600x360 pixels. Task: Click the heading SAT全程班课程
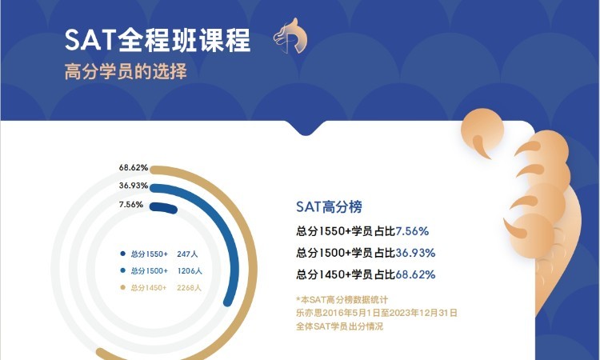(x=158, y=40)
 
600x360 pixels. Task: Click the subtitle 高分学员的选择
(x=126, y=71)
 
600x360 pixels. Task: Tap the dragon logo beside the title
(x=290, y=38)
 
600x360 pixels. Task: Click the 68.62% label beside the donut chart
(x=134, y=168)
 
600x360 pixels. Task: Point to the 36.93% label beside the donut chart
(x=134, y=186)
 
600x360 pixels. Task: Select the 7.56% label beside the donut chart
(x=130, y=204)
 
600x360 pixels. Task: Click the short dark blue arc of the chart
(x=163, y=207)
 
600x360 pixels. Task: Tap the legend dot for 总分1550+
(x=122, y=254)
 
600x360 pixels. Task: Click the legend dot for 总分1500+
(x=122, y=270)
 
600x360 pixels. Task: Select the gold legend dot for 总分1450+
(x=122, y=287)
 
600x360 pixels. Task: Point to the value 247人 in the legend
(x=186, y=254)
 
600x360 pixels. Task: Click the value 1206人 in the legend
(x=189, y=270)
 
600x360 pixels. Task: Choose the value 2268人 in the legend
(x=189, y=287)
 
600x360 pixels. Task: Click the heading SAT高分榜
(x=329, y=207)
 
